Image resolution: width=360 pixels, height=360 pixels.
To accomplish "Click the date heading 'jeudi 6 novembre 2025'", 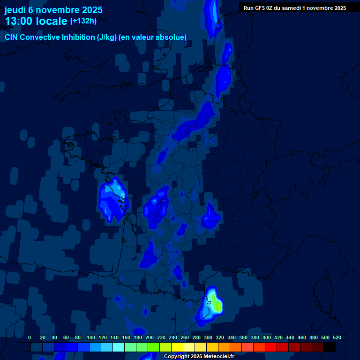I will (53, 10).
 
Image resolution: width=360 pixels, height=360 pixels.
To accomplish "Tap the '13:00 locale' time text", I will (36, 21).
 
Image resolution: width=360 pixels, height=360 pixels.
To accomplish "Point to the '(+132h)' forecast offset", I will (83, 21).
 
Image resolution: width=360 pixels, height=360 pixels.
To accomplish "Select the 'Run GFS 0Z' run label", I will (258, 8).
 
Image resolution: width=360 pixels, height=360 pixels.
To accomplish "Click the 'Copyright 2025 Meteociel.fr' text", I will (199, 356).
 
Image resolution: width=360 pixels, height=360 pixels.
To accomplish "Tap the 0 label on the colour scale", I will (30, 337).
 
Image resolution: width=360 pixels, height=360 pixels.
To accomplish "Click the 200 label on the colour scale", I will (150, 337).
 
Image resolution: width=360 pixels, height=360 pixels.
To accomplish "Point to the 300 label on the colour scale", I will (208, 337).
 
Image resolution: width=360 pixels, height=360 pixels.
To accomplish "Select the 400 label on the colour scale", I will (267, 337).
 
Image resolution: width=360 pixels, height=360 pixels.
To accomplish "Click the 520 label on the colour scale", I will (337, 337).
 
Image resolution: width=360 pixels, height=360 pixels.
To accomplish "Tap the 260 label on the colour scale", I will (185, 337).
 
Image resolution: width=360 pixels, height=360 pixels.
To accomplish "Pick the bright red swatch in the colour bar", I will (271, 347).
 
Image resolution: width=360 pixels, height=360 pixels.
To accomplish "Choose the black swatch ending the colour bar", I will (330, 347).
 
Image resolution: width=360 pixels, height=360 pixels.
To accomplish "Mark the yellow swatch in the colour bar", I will (177, 347).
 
